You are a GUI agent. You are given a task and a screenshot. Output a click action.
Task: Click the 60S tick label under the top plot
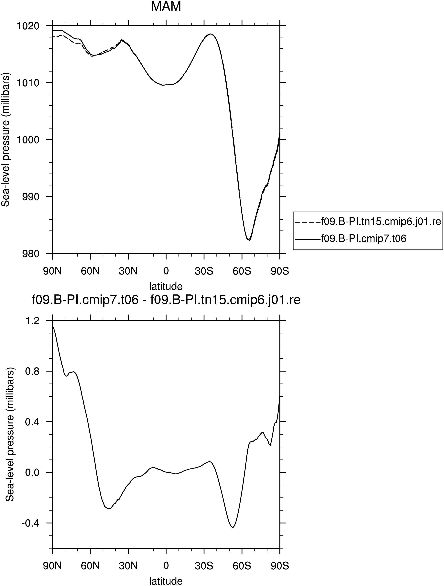[242, 271]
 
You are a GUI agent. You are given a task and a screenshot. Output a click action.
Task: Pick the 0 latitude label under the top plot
[166, 271]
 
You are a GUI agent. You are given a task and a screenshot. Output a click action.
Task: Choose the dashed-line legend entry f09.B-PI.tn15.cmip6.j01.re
[368, 222]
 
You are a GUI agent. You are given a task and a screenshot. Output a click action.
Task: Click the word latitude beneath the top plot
[166, 286]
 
